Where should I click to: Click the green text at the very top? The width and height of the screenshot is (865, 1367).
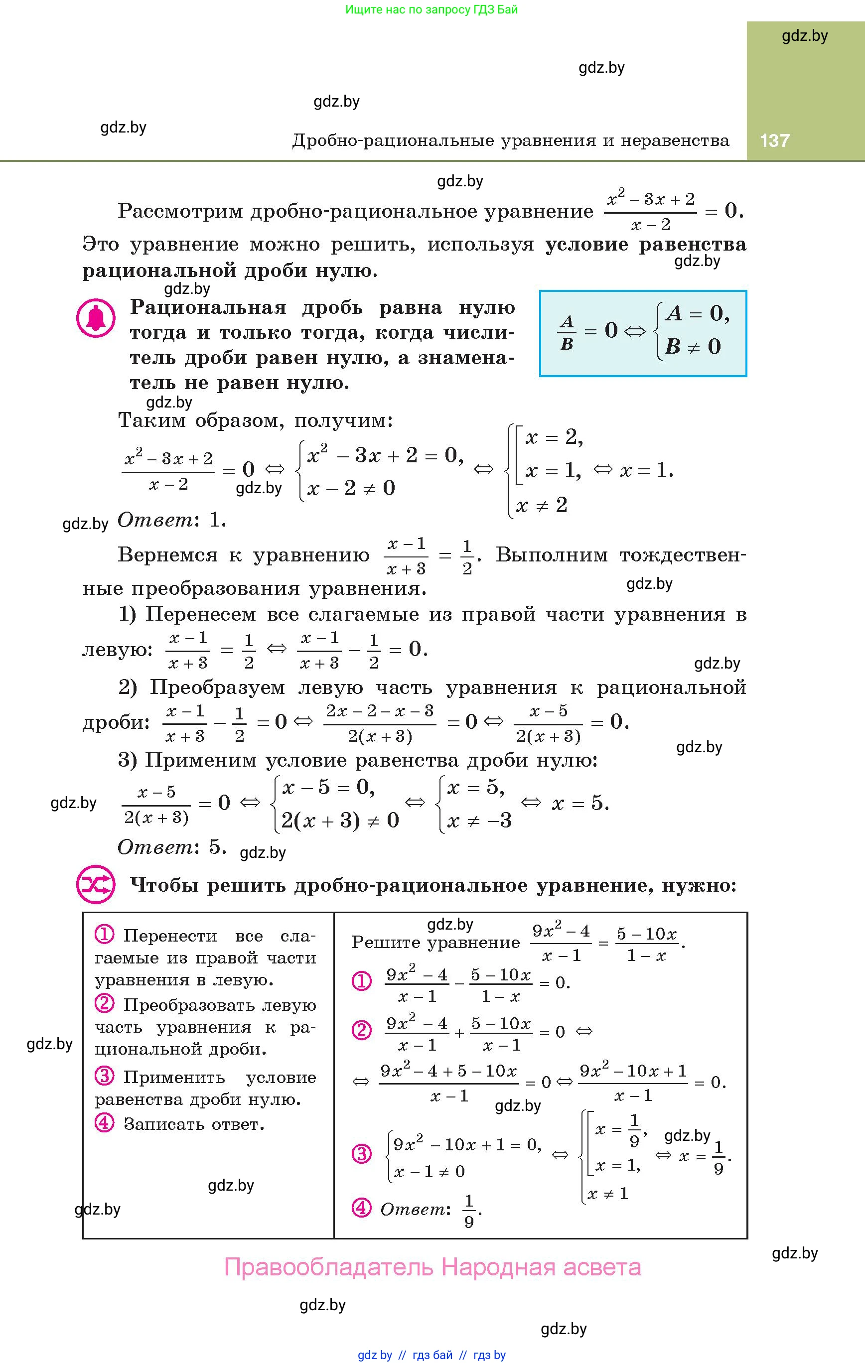432,9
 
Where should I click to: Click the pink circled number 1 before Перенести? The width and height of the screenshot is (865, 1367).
104,935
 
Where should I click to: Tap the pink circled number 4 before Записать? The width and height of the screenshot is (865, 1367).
104,1123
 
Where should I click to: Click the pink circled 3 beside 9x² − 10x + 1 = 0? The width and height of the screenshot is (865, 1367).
362,1154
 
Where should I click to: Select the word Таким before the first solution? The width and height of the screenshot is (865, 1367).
152,420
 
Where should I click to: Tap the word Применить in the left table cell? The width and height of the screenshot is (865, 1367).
174,1078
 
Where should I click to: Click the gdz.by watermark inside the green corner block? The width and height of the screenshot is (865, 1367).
805,36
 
